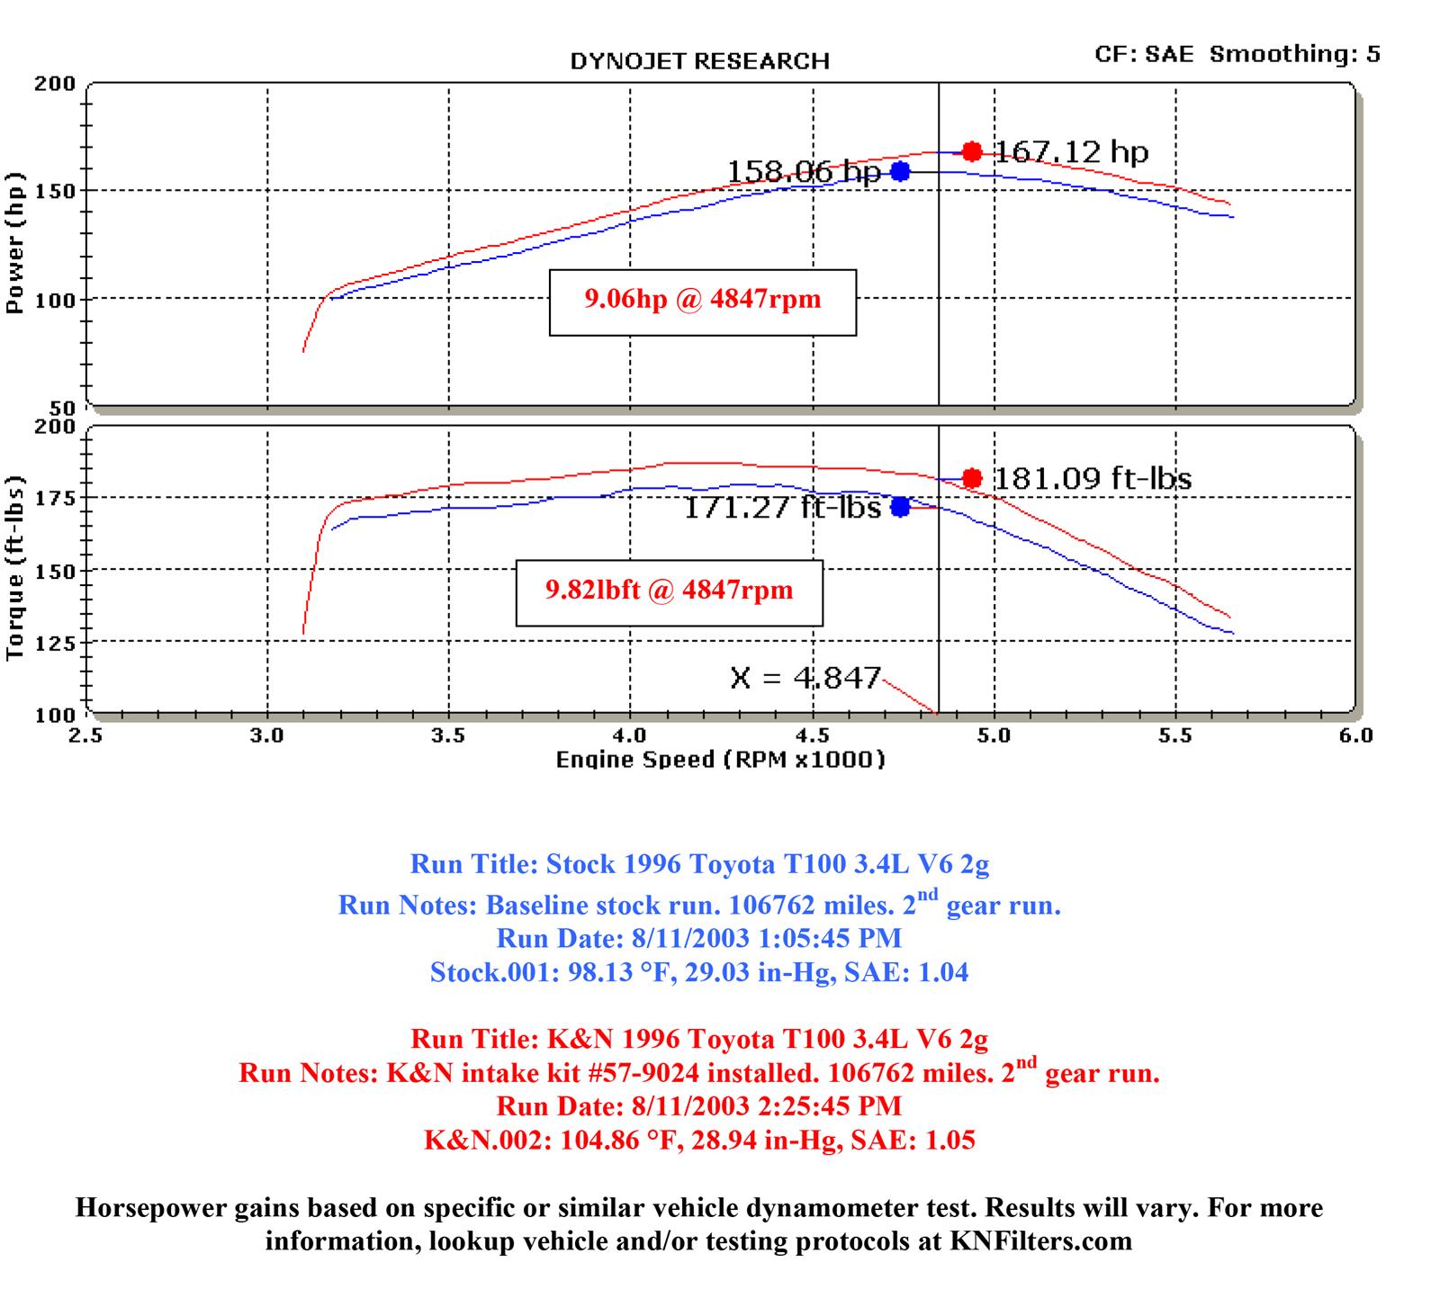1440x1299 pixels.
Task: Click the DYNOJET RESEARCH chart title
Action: (x=699, y=61)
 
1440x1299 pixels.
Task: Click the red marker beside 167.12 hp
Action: (x=971, y=151)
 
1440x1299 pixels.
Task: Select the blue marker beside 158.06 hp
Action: (x=900, y=171)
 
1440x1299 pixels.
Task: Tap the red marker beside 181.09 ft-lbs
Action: (x=971, y=478)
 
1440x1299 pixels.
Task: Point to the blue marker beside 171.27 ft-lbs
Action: (x=900, y=507)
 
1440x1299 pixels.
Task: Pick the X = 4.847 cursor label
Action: (x=805, y=677)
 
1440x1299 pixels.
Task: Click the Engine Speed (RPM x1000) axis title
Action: (x=720, y=761)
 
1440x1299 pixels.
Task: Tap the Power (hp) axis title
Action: (x=14, y=243)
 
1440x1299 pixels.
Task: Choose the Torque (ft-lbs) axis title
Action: (x=14, y=569)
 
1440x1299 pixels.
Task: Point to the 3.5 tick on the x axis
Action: (x=448, y=736)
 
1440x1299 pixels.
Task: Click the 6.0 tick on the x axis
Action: (x=1354, y=736)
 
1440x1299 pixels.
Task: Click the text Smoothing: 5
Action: (x=1294, y=54)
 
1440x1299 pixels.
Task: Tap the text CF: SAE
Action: (x=1144, y=54)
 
